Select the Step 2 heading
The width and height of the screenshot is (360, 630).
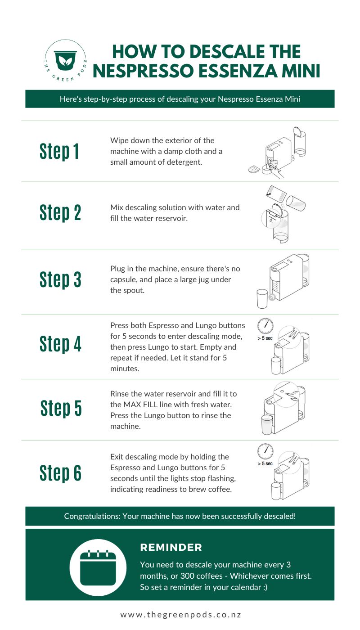[60, 212]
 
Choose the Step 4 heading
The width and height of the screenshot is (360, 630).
[60, 344]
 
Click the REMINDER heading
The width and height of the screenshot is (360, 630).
[171, 547]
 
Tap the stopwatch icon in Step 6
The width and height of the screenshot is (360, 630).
[265, 451]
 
